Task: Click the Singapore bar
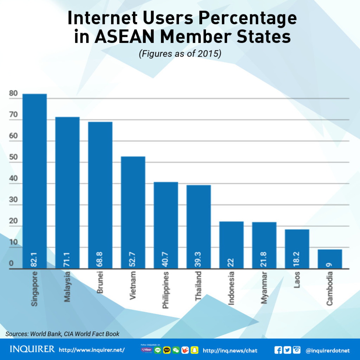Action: (34, 176)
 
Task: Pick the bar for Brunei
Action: (100, 190)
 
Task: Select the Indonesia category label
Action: (231, 288)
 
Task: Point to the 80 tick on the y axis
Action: (14, 94)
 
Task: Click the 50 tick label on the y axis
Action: (14, 158)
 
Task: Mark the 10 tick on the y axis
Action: (14, 243)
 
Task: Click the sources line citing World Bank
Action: (63, 334)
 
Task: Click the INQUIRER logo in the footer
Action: (32, 350)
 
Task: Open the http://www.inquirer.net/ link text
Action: (92, 350)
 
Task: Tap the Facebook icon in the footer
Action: (278, 350)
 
